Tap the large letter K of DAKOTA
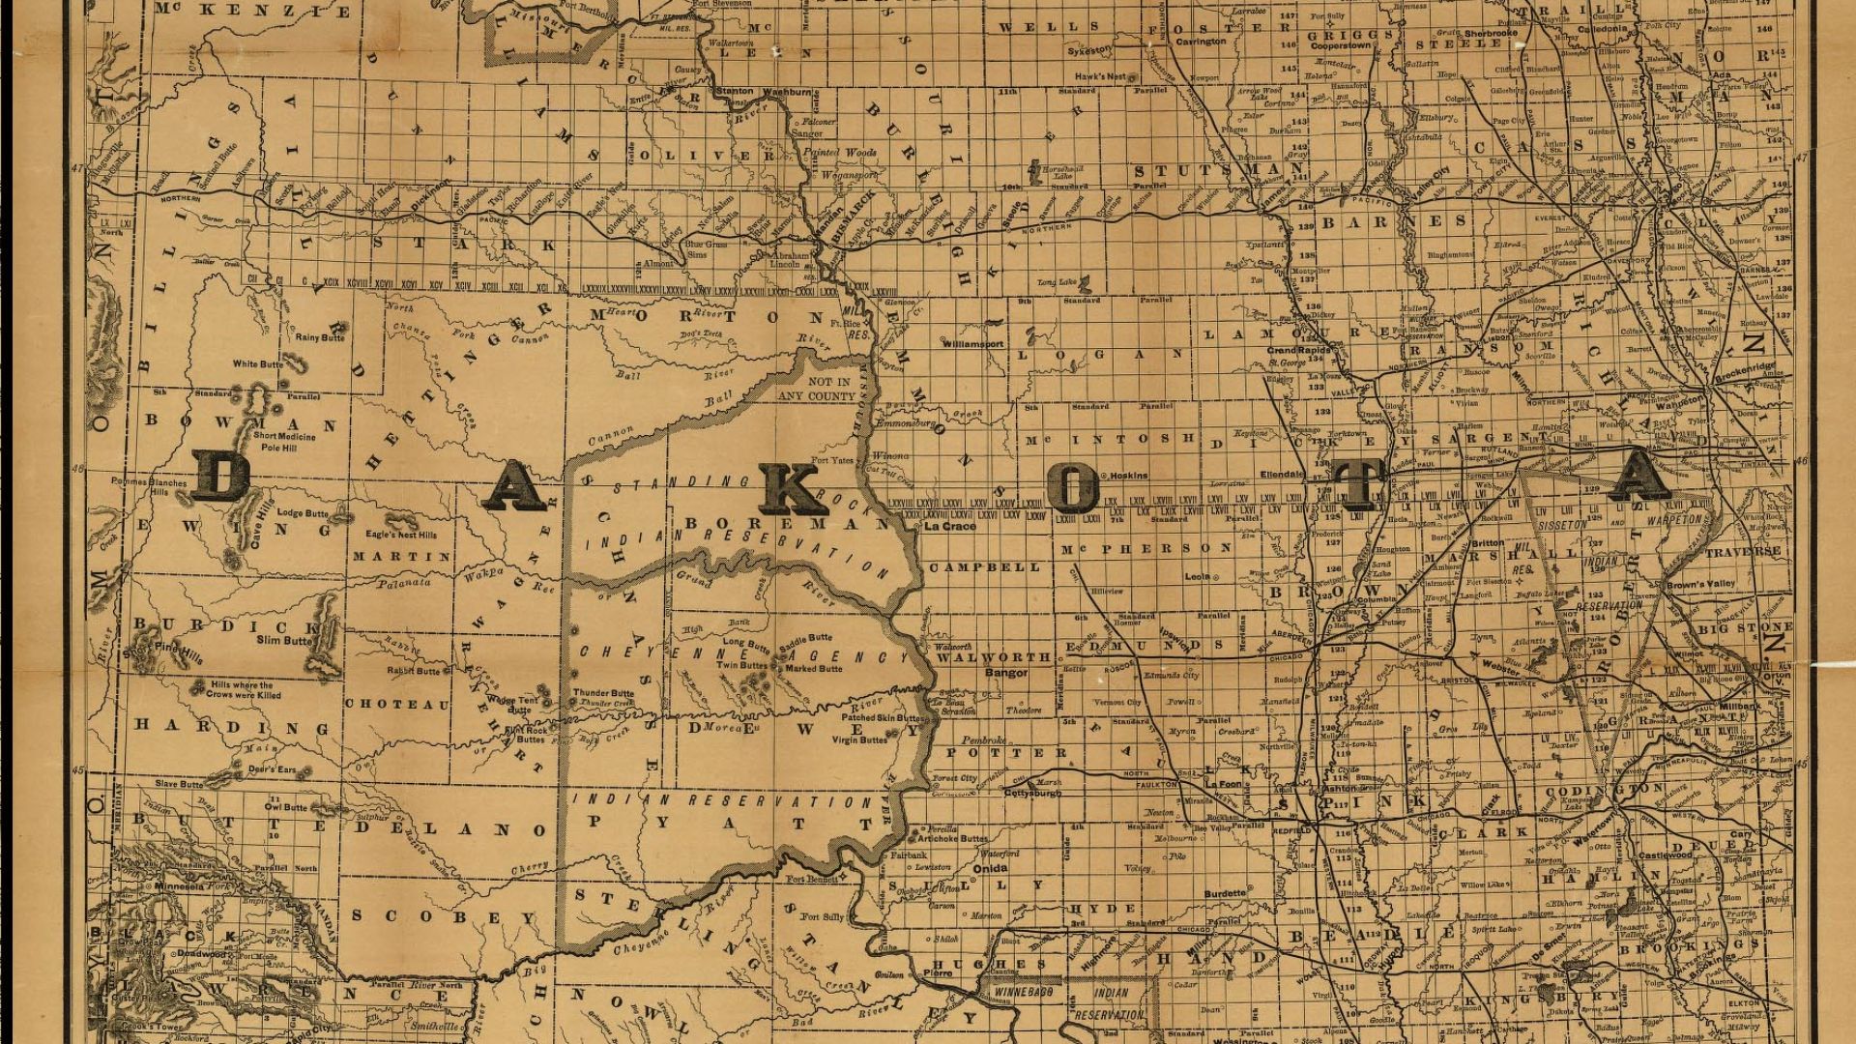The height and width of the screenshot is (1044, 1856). (x=791, y=489)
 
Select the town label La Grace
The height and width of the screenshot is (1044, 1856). (x=949, y=528)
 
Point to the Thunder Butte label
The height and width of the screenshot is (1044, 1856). (x=603, y=693)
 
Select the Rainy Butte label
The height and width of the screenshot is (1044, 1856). (x=320, y=338)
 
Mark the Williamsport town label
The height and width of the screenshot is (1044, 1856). (x=972, y=343)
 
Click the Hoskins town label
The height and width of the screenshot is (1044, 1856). (x=1128, y=476)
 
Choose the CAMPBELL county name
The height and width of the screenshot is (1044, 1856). (x=985, y=567)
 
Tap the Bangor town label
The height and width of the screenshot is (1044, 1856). (x=1005, y=672)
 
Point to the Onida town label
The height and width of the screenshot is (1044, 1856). (x=989, y=868)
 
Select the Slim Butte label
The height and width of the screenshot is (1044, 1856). (x=284, y=640)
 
